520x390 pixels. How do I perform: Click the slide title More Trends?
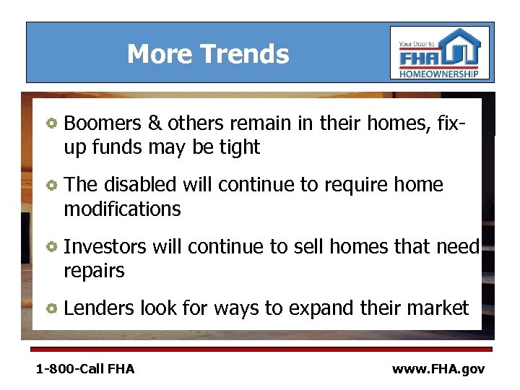pyautogui.click(x=208, y=54)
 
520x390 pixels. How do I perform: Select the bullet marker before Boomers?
pyautogui.click(x=51, y=123)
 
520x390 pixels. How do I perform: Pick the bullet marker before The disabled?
pyautogui.click(x=51, y=186)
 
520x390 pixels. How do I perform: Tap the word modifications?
pyautogui.click(x=122, y=209)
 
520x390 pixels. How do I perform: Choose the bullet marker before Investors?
pyautogui.click(x=51, y=248)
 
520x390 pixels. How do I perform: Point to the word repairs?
pyautogui.click(x=94, y=272)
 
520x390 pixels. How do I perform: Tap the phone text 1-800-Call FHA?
pyautogui.click(x=85, y=369)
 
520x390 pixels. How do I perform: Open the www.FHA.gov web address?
pyautogui.click(x=438, y=369)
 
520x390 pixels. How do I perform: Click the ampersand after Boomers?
pyautogui.click(x=154, y=123)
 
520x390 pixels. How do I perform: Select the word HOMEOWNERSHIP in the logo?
pyautogui.click(x=439, y=74)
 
